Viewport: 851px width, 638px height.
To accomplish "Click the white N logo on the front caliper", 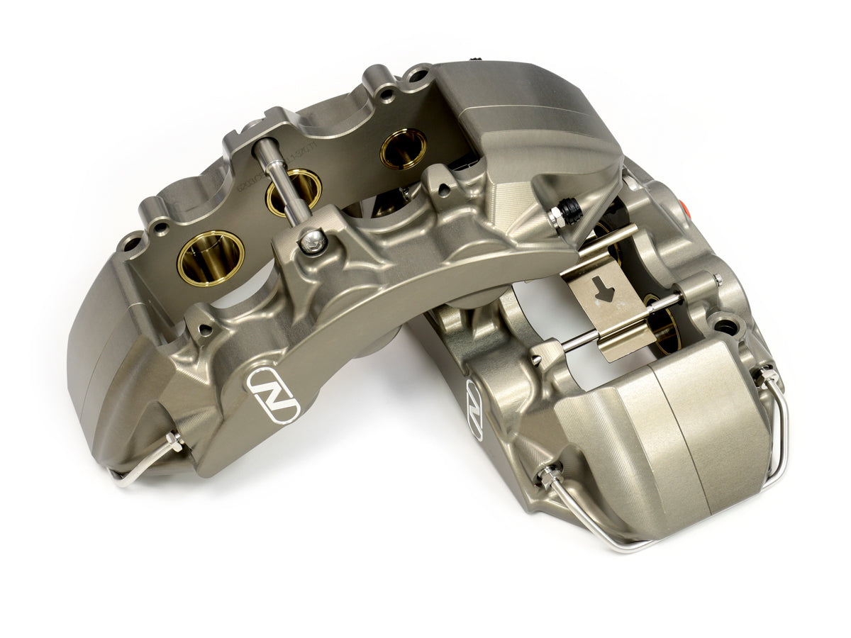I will point(273,394).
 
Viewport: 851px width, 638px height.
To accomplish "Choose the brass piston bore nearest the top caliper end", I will point(403,149).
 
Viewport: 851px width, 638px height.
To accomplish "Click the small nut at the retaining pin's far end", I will point(718,281).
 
